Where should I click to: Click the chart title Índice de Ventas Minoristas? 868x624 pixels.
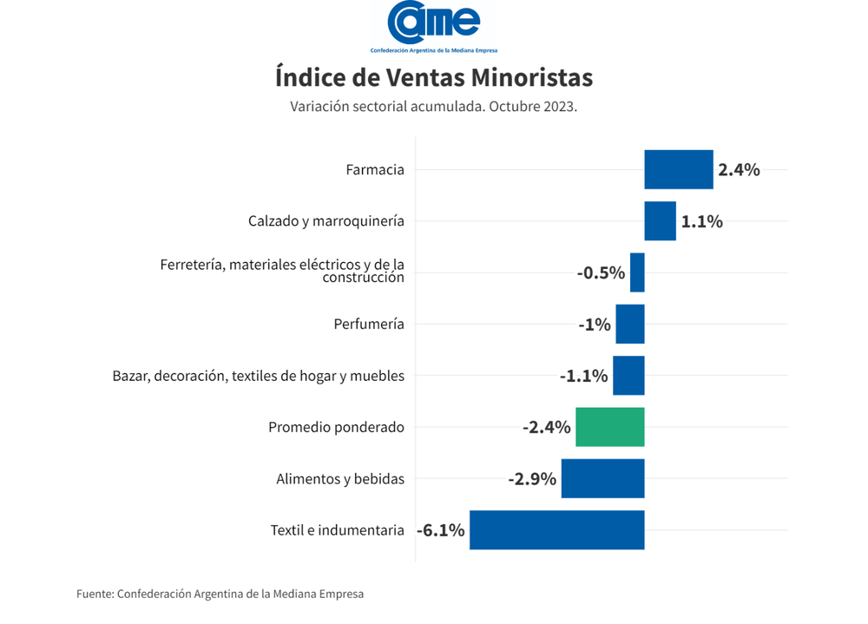tap(434, 77)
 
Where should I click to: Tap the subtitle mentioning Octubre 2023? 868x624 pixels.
tap(434, 107)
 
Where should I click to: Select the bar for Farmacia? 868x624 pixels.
tap(678, 169)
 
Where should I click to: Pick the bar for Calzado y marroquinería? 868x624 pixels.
tap(660, 220)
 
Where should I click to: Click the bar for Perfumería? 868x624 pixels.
tap(630, 324)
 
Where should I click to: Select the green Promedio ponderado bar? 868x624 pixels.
tap(610, 427)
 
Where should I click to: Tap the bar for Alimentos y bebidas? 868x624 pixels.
tap(602, 478)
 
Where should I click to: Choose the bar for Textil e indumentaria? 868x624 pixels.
tap(556, 530)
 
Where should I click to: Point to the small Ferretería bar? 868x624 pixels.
tap(637, 273)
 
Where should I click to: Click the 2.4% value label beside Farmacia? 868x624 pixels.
tap(739, 170)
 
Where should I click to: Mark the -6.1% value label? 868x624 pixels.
tap(441, 530)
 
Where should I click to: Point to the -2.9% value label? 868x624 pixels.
tap(532, 478)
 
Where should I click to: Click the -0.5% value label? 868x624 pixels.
tap(601, 273)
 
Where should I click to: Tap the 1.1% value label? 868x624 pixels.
tap(701, 221)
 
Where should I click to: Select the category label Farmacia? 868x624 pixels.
tap(375, 170)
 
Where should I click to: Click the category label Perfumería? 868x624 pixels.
tap(369, 325)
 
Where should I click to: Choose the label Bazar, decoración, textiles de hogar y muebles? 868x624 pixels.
tap(259, 376)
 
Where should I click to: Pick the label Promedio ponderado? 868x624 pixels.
tap(336, 427)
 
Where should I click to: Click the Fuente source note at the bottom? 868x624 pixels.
tap(220, 594)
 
